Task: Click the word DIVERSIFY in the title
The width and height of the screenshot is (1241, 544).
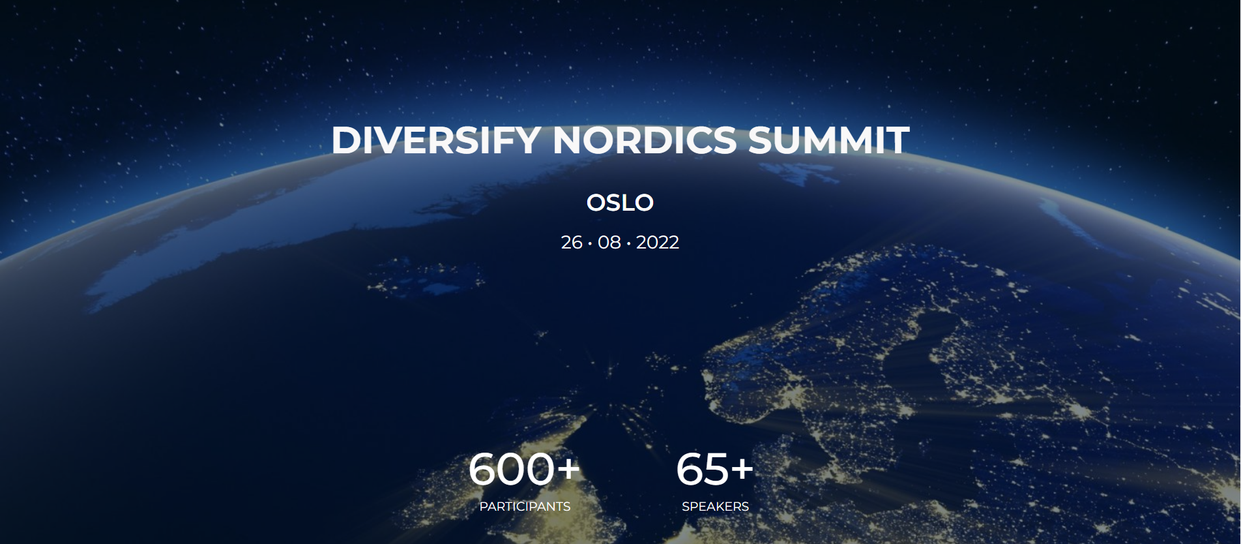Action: (435, 140)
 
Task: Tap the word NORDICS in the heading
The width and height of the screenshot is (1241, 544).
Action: (644, 140)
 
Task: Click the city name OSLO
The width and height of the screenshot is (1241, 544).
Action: (620, 203)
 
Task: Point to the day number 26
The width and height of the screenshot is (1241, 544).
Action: (572, 243)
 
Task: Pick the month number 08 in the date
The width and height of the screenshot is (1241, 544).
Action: (609, 243)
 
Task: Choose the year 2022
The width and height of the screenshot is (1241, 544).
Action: (657, 243)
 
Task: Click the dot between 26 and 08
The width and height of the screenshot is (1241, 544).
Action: (590, 243)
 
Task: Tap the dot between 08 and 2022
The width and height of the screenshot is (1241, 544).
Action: (628, 243)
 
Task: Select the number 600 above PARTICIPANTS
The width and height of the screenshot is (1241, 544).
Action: (511, 470)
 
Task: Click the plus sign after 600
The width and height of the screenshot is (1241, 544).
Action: (567, 468)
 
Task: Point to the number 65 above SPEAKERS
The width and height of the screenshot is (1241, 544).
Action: (702, 470)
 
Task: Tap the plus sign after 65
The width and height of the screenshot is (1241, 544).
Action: (742, 468)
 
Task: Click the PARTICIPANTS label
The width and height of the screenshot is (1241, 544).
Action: (525, 507)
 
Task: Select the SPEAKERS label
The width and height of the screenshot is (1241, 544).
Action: (715, 507)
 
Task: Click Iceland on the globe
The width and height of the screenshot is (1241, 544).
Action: (424, 277)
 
